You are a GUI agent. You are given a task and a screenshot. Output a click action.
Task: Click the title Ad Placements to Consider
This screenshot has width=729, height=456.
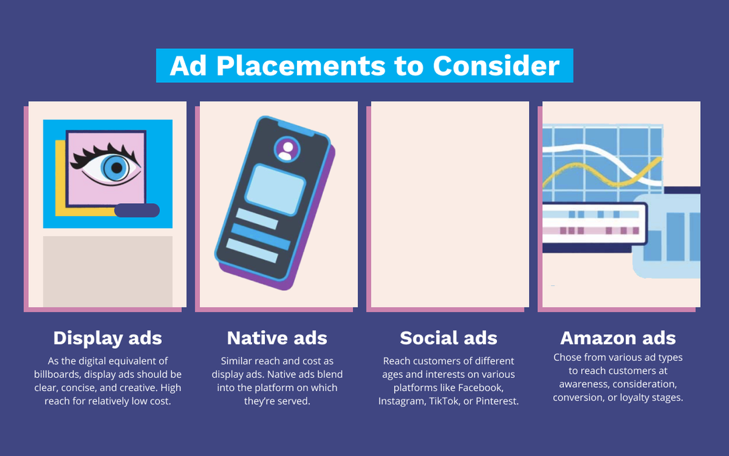click(364, 66)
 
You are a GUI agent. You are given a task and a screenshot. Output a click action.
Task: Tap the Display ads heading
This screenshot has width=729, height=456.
click(108, 338)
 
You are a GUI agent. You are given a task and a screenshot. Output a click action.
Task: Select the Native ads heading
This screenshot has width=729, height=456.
click(277, 338)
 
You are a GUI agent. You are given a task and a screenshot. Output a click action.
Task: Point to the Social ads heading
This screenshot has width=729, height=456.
click(448, 338)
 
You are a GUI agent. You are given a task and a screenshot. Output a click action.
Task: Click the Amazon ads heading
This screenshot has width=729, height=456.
click(618, 338)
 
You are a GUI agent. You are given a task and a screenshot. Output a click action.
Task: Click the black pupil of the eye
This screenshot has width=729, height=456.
click(116, 168)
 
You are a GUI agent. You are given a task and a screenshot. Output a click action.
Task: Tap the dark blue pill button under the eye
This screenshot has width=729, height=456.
click(136, 211)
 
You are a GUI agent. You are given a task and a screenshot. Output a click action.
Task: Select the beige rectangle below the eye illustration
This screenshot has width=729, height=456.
click(108, 271)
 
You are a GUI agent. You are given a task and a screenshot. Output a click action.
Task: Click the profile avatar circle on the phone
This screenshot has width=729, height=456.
click(287, 149)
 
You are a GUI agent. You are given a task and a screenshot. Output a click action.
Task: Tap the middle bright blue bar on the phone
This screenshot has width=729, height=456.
click(260, 235)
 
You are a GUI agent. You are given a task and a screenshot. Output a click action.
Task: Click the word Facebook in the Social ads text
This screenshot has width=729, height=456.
click(481, 388)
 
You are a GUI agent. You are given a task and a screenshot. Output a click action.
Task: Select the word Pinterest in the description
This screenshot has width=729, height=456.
click(496, 401)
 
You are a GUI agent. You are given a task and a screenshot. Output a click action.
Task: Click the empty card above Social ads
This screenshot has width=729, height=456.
click(449, 204)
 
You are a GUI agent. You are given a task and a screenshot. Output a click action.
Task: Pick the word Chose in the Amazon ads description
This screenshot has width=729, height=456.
click(567, 357)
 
